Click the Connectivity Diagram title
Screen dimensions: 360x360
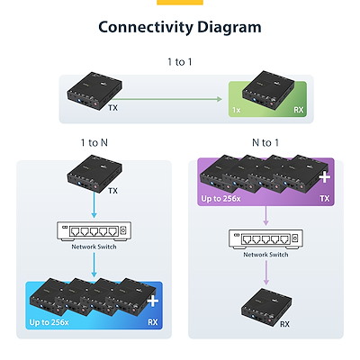coord(180,27)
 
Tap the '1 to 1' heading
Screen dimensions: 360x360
coord(180,62)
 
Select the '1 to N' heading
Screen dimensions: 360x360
coord(94,142)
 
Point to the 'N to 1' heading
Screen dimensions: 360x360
coord(265,142)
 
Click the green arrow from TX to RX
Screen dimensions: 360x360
coord(168,99)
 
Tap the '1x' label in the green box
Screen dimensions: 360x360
coord(237,110)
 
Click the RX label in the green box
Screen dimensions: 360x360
coord(299,110)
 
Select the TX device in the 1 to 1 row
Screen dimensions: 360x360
coord(94,90)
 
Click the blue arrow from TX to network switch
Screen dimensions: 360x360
coord(94,205)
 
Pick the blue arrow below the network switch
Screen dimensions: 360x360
coord(94,265)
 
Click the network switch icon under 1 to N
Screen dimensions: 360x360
coord(94,231)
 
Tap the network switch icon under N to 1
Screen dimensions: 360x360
coord(265,238)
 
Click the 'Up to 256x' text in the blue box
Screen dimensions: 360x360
coord(49,322)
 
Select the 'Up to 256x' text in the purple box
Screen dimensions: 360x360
coord(220,199)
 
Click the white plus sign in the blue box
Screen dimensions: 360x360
coord(153,301)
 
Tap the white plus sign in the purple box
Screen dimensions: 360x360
coord(325,177)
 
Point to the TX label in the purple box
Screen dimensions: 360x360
coord(325,199)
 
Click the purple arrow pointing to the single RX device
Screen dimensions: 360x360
coord(265,273)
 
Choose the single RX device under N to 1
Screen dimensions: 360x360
coord(266,307)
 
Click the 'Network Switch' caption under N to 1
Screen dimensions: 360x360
coord(265,255)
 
